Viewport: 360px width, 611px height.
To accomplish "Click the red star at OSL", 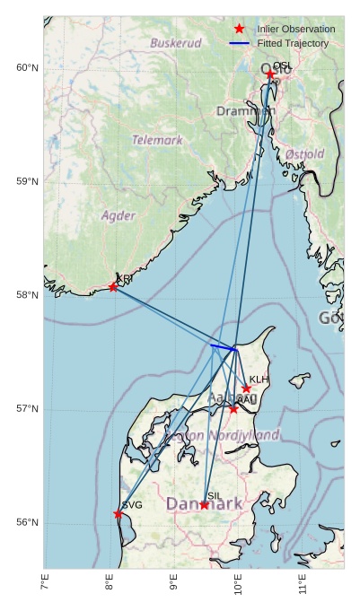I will [x=270, y=74].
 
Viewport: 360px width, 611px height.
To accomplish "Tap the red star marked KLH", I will [x=246, y=388].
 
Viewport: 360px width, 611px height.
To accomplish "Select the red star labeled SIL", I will [x=204, y=505].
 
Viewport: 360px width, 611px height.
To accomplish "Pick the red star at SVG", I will [x=119, y=514].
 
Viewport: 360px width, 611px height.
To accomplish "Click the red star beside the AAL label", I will [x=233, y=409].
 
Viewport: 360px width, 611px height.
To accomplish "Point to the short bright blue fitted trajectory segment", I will [x=223, y=346].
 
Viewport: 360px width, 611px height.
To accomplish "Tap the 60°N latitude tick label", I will [x=27, y=68].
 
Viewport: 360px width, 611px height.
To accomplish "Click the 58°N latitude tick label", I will [x=27, y=295].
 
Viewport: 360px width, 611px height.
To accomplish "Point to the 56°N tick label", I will [x=27, y=523].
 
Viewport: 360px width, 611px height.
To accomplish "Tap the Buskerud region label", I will [x=176, y=42].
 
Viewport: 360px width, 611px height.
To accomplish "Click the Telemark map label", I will [x=157, y=140].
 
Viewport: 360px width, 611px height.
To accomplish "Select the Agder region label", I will [x=119, y=215].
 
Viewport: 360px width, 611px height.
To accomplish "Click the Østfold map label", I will [x=305, y=154].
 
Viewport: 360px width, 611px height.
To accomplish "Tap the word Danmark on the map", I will [x=205, y=504].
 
